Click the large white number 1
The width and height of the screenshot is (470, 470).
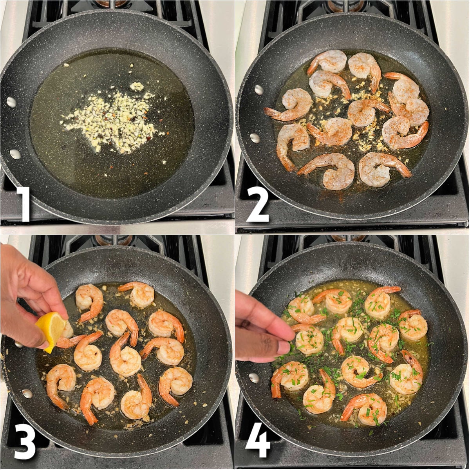coord(24,204)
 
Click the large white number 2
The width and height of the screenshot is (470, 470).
coord(257,204)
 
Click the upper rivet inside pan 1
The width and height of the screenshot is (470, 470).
coord(11,102)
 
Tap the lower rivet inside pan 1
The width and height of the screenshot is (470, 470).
coord(15,154)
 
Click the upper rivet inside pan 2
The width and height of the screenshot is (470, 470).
coord(259,90)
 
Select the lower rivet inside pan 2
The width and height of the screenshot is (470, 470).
coord(255,138)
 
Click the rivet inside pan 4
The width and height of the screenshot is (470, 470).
coord(254,378)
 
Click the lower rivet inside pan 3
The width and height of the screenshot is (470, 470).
coord(27,393)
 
